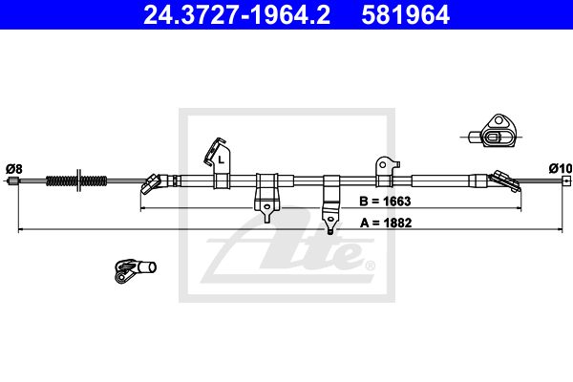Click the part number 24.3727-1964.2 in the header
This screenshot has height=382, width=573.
[237, 15]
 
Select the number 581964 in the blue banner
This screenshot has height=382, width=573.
[405, 15]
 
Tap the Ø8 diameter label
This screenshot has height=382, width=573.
[14, 169]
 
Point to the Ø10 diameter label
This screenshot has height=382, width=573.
[561, 168]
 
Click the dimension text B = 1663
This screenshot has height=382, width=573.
[385, 202]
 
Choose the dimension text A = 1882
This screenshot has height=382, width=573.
[386, 223]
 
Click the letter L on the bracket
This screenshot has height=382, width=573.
[221, 159]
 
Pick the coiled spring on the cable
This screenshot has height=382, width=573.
[76, 180]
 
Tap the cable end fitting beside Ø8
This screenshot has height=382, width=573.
[13, 180]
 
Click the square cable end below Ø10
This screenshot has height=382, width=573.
[566, 180]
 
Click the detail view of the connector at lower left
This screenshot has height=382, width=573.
[135, 270]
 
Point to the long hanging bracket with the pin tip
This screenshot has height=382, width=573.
[331, 204]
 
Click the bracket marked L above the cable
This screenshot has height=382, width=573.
[218, 163]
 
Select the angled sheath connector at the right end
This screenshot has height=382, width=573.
[504, 180]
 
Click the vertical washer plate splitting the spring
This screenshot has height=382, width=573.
[78, 180]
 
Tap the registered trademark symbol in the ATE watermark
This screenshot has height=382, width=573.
[370, 265]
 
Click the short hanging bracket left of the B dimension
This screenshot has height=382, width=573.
[266, 198]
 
